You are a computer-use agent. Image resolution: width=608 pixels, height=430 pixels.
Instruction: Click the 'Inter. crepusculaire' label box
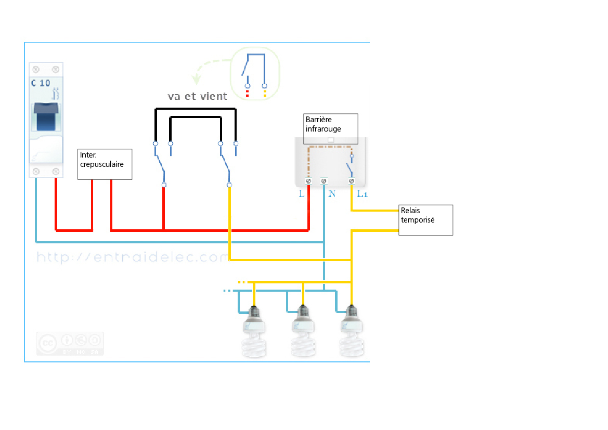pyautogui.click(x=105, y=164)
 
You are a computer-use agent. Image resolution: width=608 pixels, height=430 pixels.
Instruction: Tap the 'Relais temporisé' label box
pyautogui.click(x=425, y=219)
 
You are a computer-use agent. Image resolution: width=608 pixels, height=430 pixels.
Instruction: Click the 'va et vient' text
pyautogui.click(x=197, y=96)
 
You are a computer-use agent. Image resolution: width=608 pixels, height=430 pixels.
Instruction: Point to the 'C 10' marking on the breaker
pyautogui.click(x=41, y=83)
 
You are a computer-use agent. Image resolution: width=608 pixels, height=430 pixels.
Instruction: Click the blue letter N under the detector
pyautogui.click(x=331, y=194)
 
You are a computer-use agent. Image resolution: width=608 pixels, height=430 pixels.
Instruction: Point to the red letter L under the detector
pyautogui.click(x=302, y=194)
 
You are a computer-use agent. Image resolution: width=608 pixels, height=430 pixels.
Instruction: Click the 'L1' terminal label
pyautogui.click(x=363, y=194)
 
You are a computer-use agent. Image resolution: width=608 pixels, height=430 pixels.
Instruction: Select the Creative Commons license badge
pyautogui.click(x=70, y=344)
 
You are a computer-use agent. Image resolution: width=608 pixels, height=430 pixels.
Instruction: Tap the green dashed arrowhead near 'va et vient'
pyautogui.click(x=196, y=80)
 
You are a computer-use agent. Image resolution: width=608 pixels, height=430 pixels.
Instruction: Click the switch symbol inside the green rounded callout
pyautogui.click(x=255, y=70)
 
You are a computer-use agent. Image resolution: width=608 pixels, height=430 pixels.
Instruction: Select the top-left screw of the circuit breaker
pyautogui.click(x=36, y=69)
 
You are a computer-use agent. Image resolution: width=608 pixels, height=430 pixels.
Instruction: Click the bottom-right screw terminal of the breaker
pyautogui.click(x=56, y=171)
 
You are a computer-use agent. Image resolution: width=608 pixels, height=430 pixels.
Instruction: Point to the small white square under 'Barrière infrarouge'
pyautogui.click(x=330, y=140)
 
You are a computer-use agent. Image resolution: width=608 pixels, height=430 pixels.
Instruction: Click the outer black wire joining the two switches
pyautogui.click(x=196, y=109)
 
